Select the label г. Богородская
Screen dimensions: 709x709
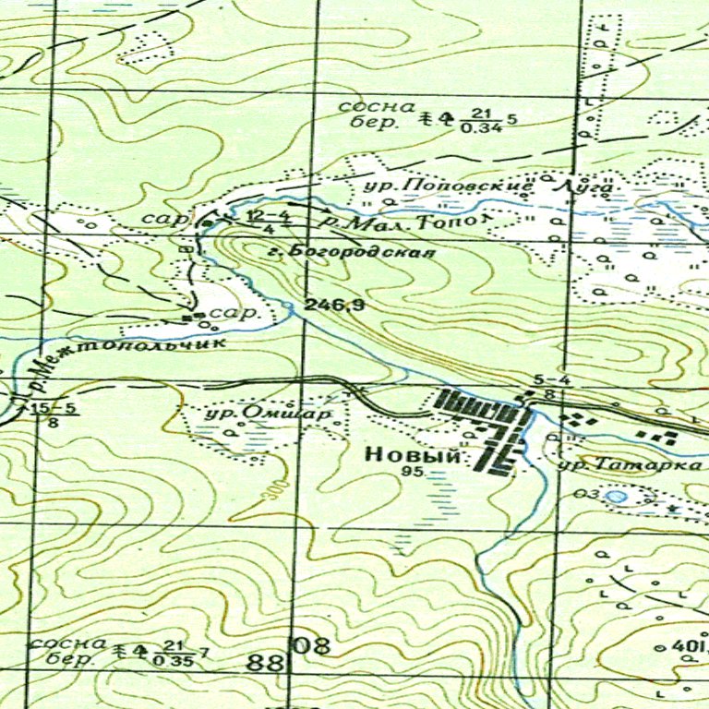pyautogui.click(x=361, y=251)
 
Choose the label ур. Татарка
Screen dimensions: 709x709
pyautogui.click(x=631, y=464)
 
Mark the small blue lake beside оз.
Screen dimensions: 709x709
pyautogui.click(x=616, y=497)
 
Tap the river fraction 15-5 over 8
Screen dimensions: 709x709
pyautogui.click(x=54, y=415)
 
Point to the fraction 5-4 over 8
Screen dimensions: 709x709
pyautogui.click(x=548, y=386)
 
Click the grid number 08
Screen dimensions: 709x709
pyautogui.click(x=312, y=645)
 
